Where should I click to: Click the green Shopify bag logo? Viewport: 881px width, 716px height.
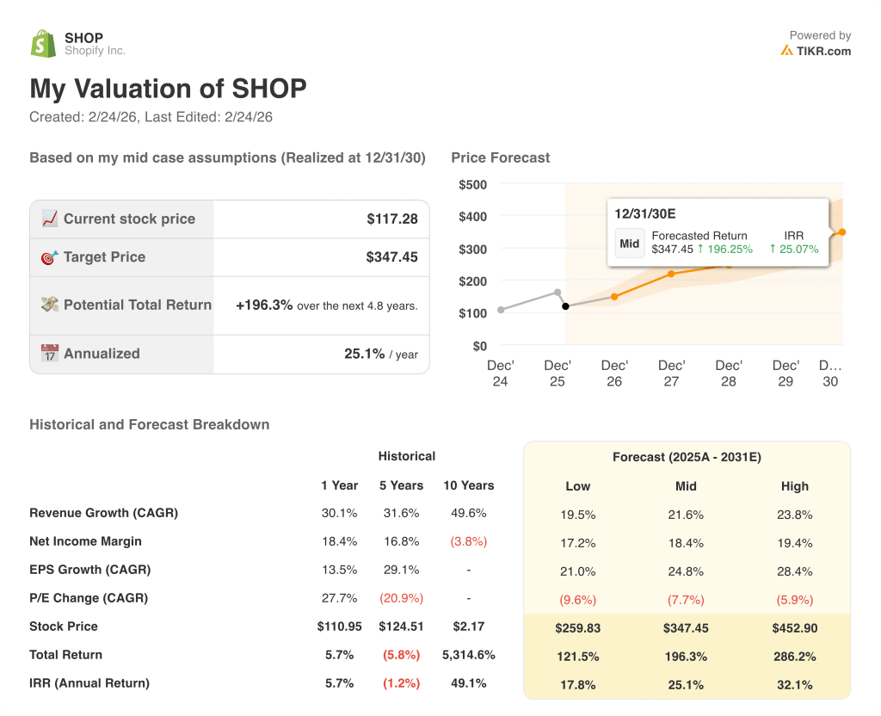tap(43, 44)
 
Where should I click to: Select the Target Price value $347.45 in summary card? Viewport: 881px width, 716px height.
tap(391, 257)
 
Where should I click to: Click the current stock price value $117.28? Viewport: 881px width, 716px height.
tap(391, 219)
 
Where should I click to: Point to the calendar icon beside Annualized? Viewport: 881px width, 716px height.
tap(50, 354)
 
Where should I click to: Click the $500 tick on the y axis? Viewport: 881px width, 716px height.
tap(472, 184)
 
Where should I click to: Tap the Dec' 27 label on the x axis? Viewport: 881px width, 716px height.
tap(671, 373)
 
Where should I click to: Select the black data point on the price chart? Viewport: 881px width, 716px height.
tap(565, 306)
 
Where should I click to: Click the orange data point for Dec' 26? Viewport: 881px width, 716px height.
tap(614, 297)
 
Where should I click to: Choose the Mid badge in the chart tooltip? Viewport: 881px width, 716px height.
tap(630, 244)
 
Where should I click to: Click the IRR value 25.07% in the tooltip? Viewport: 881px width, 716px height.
tap(793, 250)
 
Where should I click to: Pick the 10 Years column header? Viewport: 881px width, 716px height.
tap(468, 485)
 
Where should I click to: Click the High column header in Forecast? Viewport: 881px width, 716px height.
tap(794, 486)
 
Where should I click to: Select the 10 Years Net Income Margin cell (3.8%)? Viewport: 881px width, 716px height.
tap(468, 542)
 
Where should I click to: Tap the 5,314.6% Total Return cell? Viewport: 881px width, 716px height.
tap(468, 655)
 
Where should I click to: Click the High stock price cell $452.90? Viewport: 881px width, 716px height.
tap(794, 628)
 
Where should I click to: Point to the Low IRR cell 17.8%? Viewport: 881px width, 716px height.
tap(577, 685)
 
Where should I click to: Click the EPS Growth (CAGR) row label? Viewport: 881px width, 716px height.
tap(89, 570)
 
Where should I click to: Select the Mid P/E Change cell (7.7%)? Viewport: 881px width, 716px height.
tap(686, 600)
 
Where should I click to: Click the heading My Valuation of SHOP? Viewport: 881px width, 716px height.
tap(168, 89)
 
